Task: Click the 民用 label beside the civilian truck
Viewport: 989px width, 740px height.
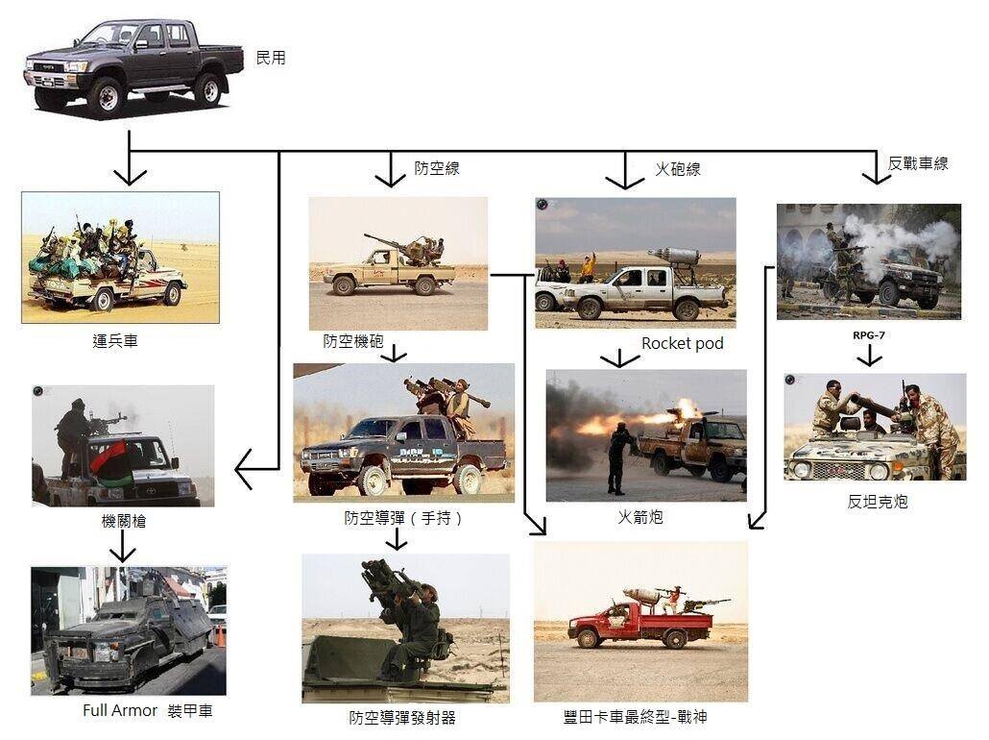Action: point(271,58)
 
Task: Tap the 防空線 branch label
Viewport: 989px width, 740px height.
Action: point(437,168)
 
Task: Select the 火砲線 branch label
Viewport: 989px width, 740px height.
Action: point(677,169)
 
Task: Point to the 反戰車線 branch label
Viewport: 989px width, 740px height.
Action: point(918,163)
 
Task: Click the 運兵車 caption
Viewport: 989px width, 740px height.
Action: point(115,341)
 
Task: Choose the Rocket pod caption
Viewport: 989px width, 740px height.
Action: point(683,343)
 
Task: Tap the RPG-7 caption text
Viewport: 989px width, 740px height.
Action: point(869,335)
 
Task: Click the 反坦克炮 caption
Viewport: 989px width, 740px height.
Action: point(878,502)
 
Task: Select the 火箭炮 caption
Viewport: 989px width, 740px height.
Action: point(639,517)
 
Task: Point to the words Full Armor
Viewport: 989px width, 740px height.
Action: point(120,710)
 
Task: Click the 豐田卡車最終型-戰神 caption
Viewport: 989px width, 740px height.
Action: point(635,717)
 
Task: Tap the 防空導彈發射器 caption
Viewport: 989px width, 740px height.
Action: point(402,717)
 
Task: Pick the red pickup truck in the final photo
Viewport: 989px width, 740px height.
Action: point(640,624)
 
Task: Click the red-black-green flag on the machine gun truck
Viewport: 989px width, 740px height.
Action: point(111,461)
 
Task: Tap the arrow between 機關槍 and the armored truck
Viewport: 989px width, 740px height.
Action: point(122,546)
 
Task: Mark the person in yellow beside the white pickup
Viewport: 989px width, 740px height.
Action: point(589,268)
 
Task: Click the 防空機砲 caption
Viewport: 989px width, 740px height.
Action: point(353,341)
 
